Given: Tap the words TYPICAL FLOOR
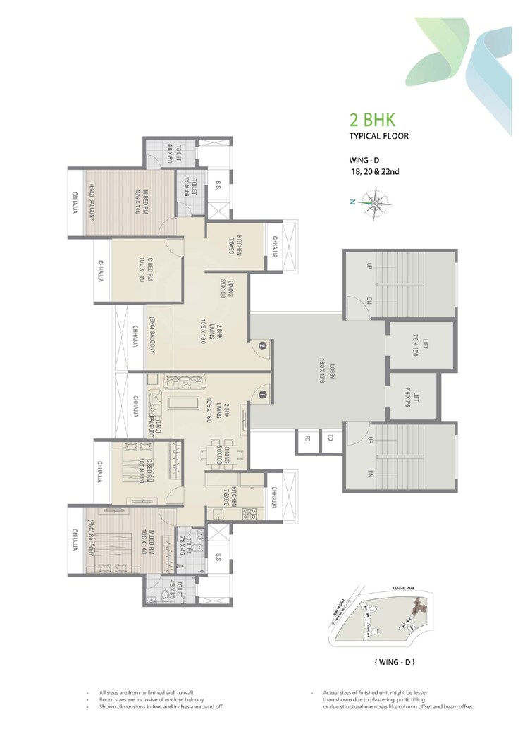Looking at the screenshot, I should [x=379, y=135].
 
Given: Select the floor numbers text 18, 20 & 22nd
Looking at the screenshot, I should [x=371, y=171].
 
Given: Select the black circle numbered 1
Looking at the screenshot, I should [x=261, y=395].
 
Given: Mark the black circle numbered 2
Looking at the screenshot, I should [x=261, y=345].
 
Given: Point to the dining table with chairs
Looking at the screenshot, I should [x=225, y=450].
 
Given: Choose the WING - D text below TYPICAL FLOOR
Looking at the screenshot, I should [x=365, y=160].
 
